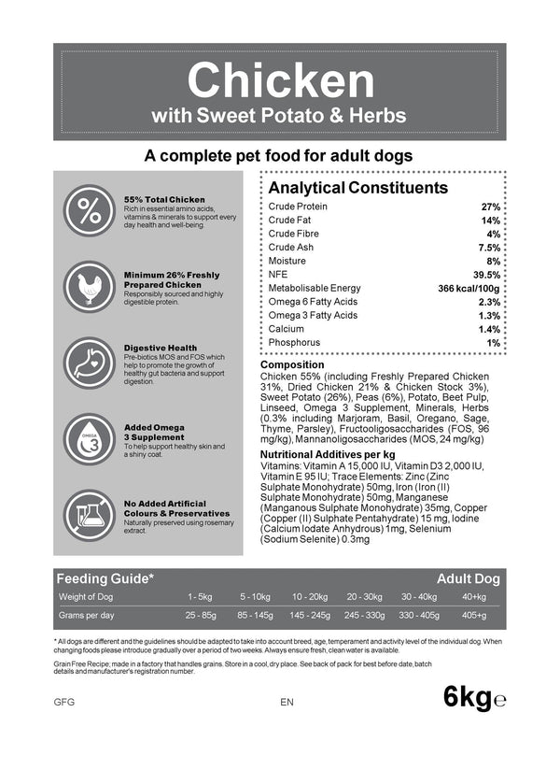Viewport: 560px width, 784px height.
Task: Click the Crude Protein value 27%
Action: (x=490, y=207)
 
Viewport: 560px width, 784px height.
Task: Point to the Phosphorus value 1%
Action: (x=494, y=343)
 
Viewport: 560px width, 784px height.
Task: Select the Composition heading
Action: (x=292, y=364)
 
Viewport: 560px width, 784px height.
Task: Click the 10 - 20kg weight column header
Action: (x=309, y=596)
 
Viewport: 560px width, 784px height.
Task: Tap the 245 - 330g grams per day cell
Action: (x=364, y=616)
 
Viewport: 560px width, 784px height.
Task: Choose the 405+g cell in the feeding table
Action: (x=473, y=616)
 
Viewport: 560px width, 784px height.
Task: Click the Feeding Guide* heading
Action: (x=105, y=578)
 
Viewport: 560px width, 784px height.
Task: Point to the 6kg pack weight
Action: (x=468, y=697)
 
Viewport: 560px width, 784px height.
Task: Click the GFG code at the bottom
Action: (x=64, y=701)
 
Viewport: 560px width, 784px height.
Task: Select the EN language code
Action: (x=287, y=701)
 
